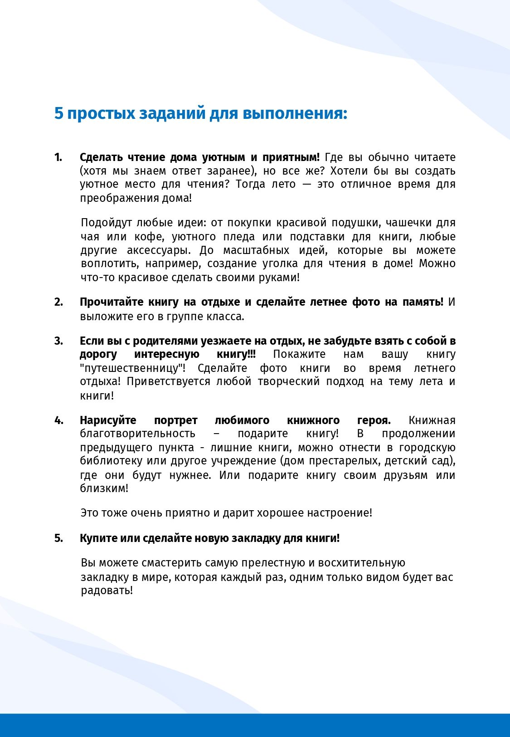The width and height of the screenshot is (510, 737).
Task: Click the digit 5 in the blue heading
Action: (58, 113)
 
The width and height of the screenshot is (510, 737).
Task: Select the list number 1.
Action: (58, 157)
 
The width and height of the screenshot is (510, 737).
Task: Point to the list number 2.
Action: (58, 302)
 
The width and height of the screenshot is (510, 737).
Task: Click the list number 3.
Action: (58, 341)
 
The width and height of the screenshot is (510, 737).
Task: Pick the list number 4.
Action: (58, 420)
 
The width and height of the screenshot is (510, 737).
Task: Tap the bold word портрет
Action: (175, 420)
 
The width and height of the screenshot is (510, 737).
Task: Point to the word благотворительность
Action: (137, 434)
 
